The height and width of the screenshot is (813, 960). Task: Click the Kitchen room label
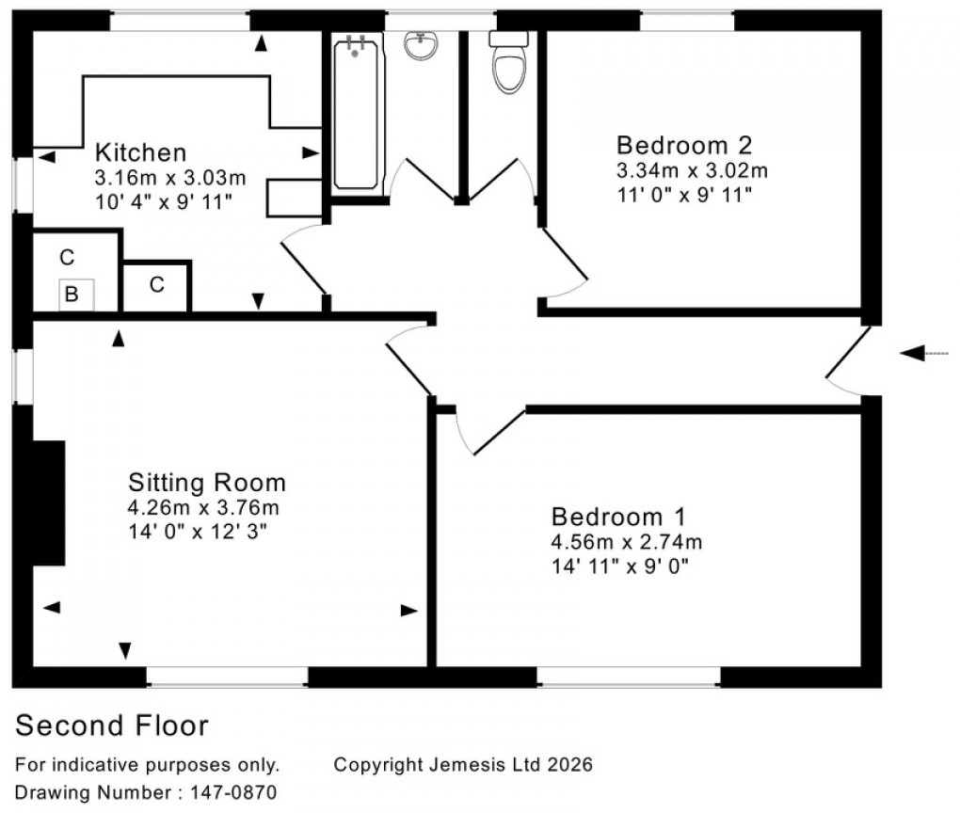pyautogui.click(x=142, y=152)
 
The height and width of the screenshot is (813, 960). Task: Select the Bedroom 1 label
pyautogui.click(x=618, y=517)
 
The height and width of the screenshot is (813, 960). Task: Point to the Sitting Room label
pyautogui.click(x=206, y=484)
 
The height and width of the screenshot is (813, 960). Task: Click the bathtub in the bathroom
pyautogui.click(x=354, y=111)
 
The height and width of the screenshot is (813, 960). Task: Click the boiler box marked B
pyautogui.click(x=72, y=295)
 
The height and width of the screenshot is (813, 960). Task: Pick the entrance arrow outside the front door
pyautogui.click(x=923, y=353)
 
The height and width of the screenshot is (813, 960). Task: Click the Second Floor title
pyautogui.click(x=112, y=725)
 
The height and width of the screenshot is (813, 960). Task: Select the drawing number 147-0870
pyautogui.click(x=146, y=793)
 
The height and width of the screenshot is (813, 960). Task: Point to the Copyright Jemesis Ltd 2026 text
pyautogui.click(x=463, y=765)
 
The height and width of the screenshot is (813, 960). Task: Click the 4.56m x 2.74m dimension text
pyautogui.click(x=627, y=542)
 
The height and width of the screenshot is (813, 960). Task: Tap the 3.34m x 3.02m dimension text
pyautogui.click(x=692, y=171)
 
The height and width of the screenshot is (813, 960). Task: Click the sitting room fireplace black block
pyautogui.click(x=48, y=502)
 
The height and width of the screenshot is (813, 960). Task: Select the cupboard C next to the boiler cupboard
pyautogui.click(x=157, y=284)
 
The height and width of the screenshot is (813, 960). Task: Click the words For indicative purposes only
pyautogui.click(x=148, y=765)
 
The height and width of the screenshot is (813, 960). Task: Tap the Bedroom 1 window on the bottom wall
pyautogui.click(x=629, y=676)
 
